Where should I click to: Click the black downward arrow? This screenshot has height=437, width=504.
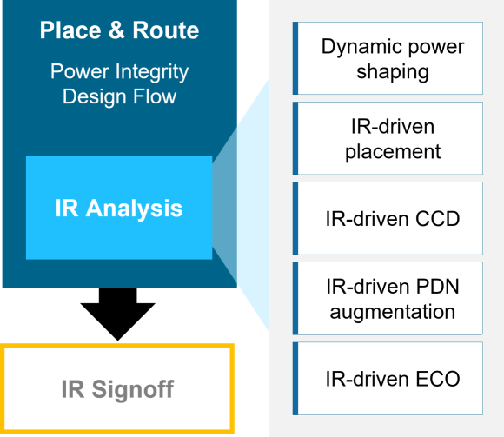[117, 314]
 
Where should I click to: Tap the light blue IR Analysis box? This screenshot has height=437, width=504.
[119, 208]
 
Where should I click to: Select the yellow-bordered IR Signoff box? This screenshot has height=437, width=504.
[117, 389]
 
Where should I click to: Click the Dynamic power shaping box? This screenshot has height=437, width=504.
[388, 58]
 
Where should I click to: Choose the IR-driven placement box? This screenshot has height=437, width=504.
[388, 138]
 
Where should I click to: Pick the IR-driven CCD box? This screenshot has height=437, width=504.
[388, 218]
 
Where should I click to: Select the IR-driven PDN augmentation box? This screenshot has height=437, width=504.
[388, 298]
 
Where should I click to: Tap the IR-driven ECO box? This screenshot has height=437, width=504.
[388, 378]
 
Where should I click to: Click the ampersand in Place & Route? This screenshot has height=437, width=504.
[116, 30]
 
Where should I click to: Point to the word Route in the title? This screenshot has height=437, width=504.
[166, 30]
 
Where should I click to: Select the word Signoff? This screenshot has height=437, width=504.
[133, 390]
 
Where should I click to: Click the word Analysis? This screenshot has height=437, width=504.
[134, 209]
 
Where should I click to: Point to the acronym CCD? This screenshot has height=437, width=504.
[437, 219]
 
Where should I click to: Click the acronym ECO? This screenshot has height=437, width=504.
[438, 379]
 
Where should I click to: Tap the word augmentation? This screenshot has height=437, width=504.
[393, 312]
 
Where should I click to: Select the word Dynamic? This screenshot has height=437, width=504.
[362, 47]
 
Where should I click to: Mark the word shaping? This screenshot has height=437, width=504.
[393, 72]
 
